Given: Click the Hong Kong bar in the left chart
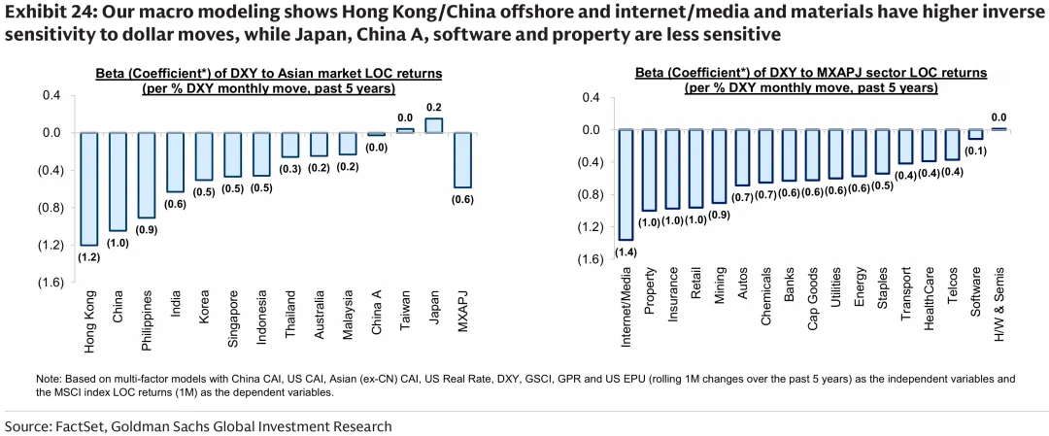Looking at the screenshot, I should pyautogui.click(x=89, y=188).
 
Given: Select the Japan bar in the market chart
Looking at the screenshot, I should pyautogui.click(x=433, y=125).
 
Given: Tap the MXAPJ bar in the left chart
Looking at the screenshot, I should pyautogui.click(x=462, y=159).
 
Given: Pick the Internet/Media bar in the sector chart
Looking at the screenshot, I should pyautogui.click(x=626, y=184).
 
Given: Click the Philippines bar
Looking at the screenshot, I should pyautogui.click(x=146, y=175).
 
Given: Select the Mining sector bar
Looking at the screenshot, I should pyautogui.click(x=719, y=166).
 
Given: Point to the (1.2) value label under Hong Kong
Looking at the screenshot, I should pyautogui.click(x=89, y=258).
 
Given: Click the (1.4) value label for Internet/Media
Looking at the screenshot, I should pyautogui.click(x=626, y=253).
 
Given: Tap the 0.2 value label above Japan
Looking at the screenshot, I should pyautogui.click(x=433, y=107).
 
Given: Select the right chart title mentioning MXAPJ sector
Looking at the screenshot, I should pyautogui.click(x=811, y=80).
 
